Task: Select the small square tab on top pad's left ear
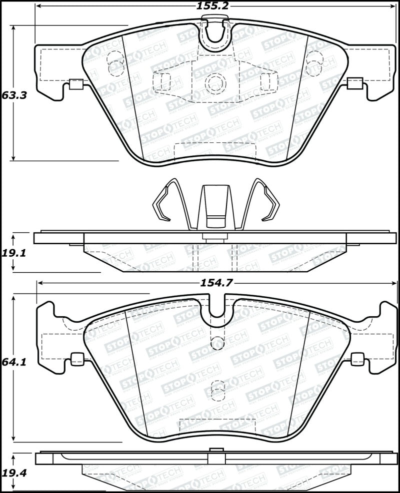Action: pos(75,84)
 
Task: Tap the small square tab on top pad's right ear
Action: pos(354,83)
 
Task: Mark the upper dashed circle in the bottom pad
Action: pos(217,342)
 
